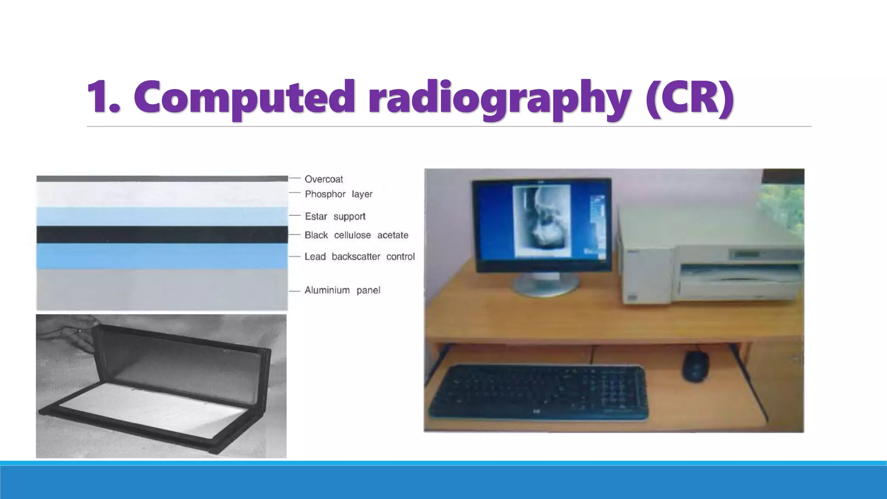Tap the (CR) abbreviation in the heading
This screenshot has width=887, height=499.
[689, 97]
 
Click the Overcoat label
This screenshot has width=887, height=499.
[324, 179]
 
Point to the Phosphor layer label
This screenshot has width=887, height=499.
[338, 194]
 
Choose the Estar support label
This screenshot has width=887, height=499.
[335, 216]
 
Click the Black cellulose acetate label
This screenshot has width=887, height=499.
[356, 235]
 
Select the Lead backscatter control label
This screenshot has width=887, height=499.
[359, 256]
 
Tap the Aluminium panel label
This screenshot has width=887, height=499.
[342, 290]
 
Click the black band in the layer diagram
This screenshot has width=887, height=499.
[162, 234]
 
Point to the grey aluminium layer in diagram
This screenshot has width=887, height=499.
[162, 289]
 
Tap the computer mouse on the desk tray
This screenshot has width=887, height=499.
[696, 366]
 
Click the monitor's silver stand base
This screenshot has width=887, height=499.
[545, 287]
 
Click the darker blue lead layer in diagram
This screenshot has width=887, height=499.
[162, 256]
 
